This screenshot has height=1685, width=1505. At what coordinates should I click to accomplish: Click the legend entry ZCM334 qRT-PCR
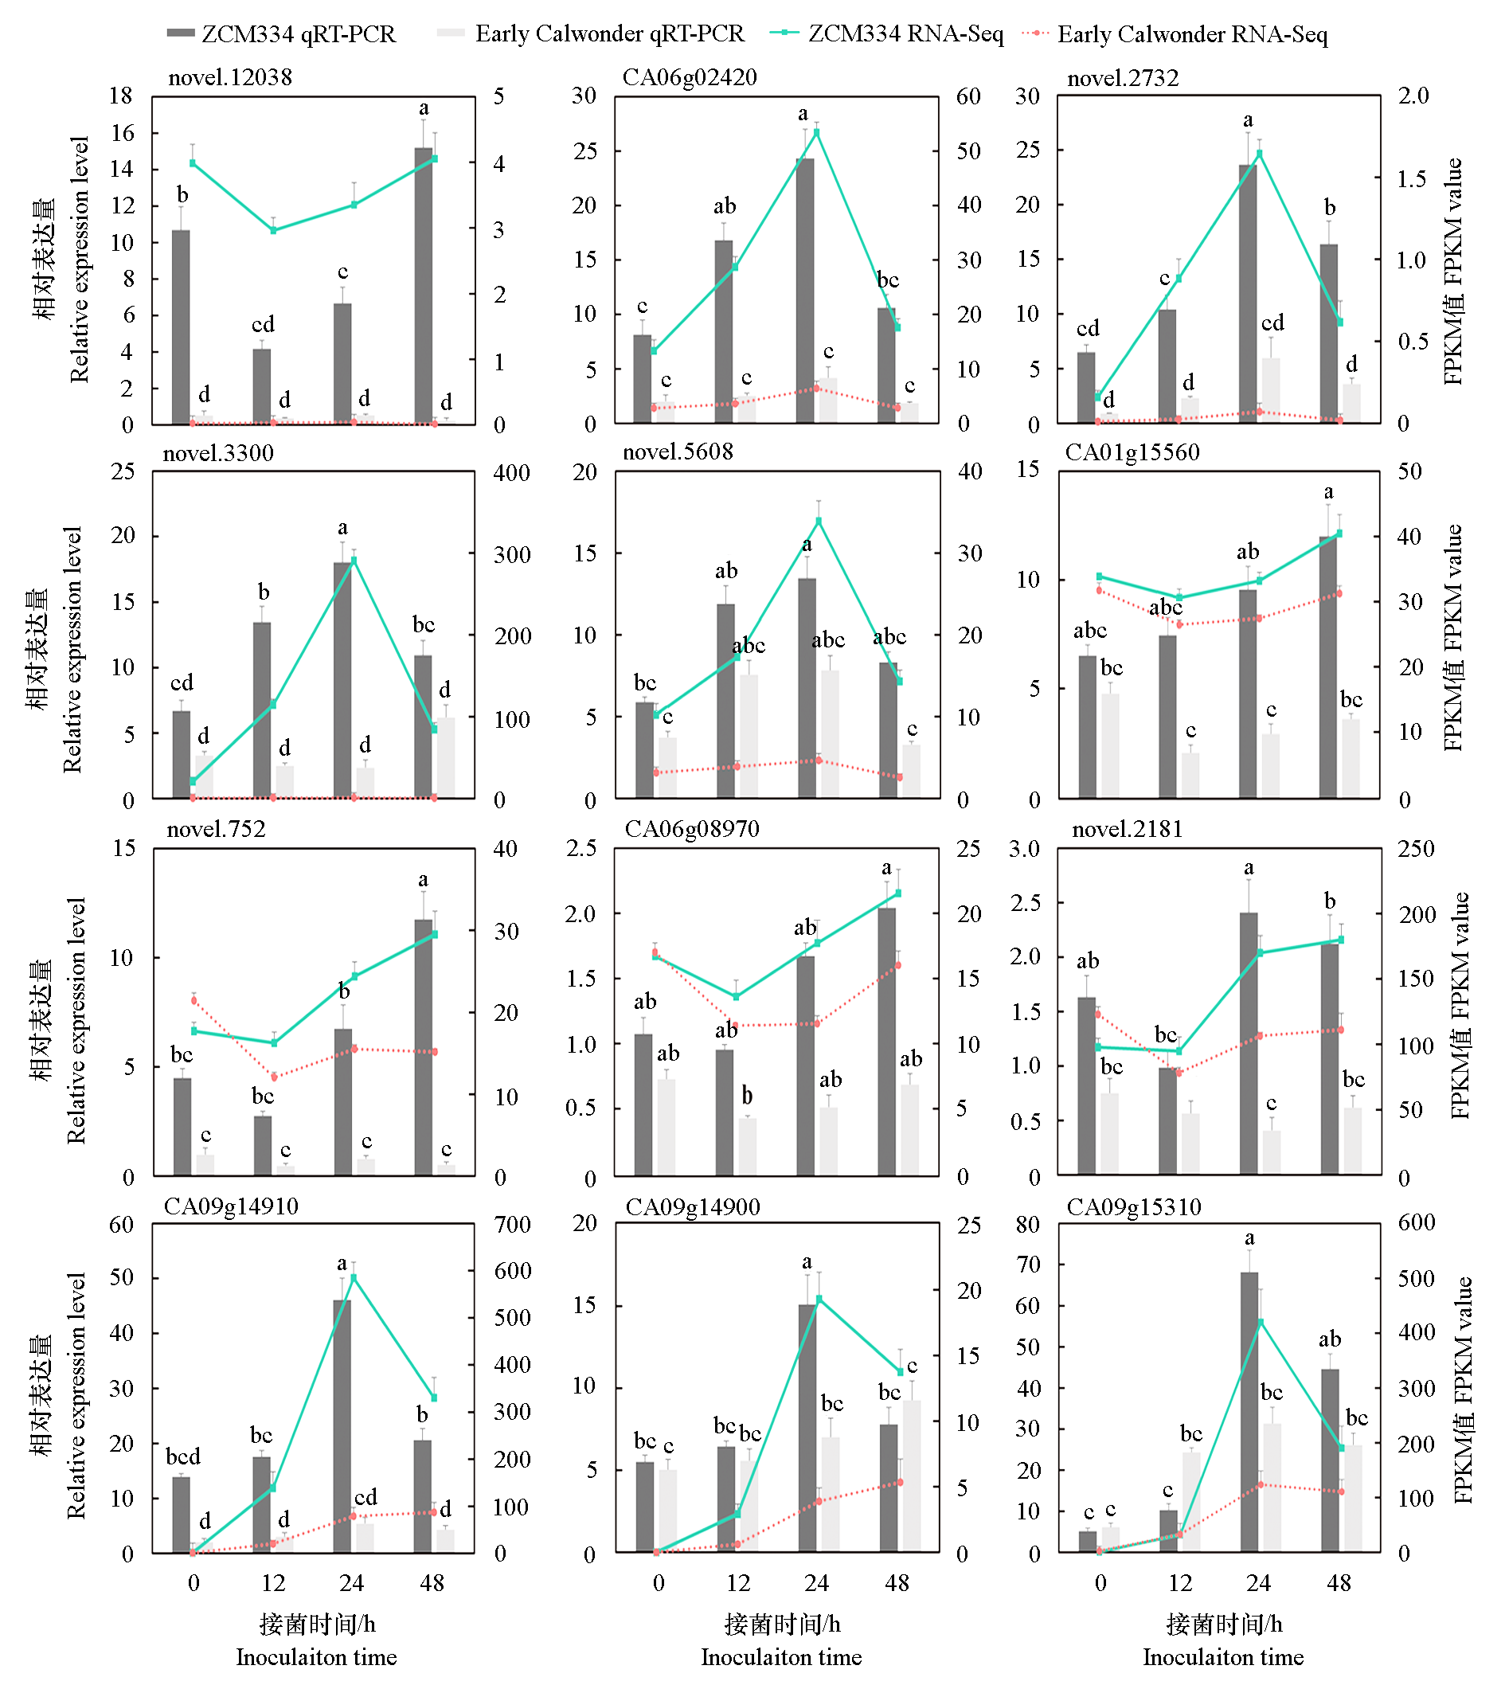[x=281, y=34]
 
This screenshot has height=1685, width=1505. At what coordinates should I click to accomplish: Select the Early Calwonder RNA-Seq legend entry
[x=1175, y=34]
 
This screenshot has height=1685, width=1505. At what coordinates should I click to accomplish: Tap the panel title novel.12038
[x=230, y=78]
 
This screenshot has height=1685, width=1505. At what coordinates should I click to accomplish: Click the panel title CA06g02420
[x=690, y=78]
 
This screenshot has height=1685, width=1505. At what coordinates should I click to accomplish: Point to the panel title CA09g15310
[x=1134, y=1207]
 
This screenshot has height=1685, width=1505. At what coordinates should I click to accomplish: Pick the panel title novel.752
[x=216, y=829]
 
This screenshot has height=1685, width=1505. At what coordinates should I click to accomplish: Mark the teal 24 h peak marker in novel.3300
[x=354, y=561]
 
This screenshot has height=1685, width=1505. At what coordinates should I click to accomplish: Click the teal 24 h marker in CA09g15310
[x=1261, y=1322]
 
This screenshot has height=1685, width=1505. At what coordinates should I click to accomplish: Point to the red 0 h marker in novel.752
[x=194, y=1000]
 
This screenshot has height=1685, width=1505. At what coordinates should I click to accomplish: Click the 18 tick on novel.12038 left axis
[x=122, y=96]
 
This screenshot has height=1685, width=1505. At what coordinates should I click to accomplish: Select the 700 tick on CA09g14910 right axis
[x=513, y=1225]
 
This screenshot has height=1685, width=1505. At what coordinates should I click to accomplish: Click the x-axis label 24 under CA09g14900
[x=816, y=1582]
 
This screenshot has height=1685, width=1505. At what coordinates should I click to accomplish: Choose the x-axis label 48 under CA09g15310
[x=1339, y=1582]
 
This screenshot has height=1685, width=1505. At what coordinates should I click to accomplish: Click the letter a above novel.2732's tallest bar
[x=1248, y=120]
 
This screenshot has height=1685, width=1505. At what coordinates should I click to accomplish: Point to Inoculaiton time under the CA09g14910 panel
[x=316, y=1657]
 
